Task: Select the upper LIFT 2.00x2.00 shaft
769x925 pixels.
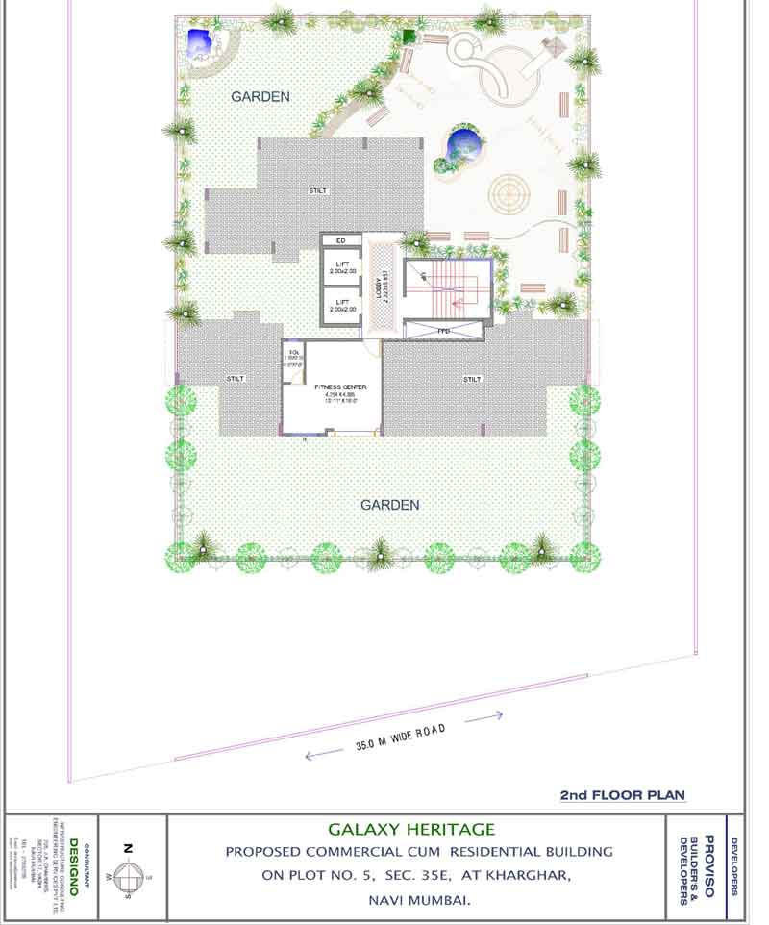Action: click(341, 268)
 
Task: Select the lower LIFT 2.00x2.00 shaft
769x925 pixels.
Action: click(341, 306)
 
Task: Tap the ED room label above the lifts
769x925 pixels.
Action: click(341, 240)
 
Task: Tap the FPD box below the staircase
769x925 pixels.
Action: click(442, 330)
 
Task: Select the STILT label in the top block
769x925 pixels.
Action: click(317, 191)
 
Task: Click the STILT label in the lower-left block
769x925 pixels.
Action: click(236, 379)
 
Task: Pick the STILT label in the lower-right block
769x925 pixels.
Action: click(472, 379)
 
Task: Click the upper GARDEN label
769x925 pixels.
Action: click(260, 97)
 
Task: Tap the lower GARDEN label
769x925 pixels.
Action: click(389, 505)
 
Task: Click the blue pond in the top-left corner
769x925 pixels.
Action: click(200, 42)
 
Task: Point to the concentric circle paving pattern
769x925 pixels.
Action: click(509, 191)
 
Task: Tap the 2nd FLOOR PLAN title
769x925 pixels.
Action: click(622, 795)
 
